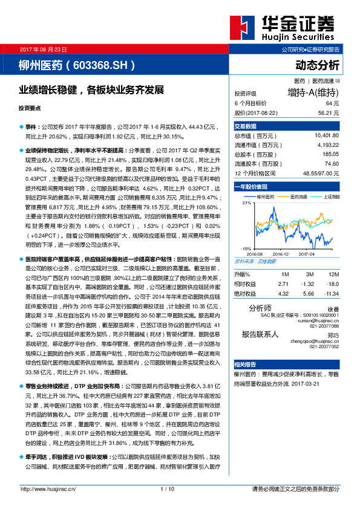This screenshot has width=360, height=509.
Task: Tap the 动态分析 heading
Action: (x=318, y=65)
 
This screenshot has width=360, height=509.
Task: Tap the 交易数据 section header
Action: (x=246, y=126)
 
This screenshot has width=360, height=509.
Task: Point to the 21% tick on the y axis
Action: (x=246, y=203)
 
